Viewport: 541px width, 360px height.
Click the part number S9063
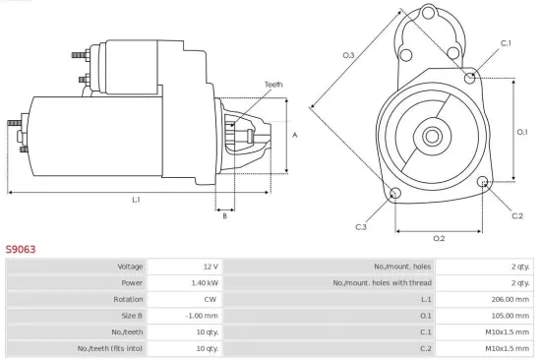pyautogui.click(x=21, y=250)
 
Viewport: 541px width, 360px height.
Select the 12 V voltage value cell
pyautogui.click(x=209, y=267)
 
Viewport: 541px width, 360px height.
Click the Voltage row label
pyautogui.click(x=130, y=267)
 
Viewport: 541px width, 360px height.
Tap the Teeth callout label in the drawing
pyautogui.click(x=272, y=86)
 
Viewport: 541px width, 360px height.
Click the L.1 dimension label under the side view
pyautogui.click(x=137, y=200)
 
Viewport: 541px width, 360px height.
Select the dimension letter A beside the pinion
pyautogui.click(x=294, y=135)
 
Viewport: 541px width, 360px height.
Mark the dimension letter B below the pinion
pyautogui.click(x=224, y=215)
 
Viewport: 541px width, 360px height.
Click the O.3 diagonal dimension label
pyautogui.click(x=348, y=55)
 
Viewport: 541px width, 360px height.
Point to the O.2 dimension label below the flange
pyautogui.click(x=439, y=238)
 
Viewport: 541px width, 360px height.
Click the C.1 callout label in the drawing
pyautogui.click(x=506, y=43)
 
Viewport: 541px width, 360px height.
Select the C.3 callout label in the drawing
pyautogui.click(x=361, y=227)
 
